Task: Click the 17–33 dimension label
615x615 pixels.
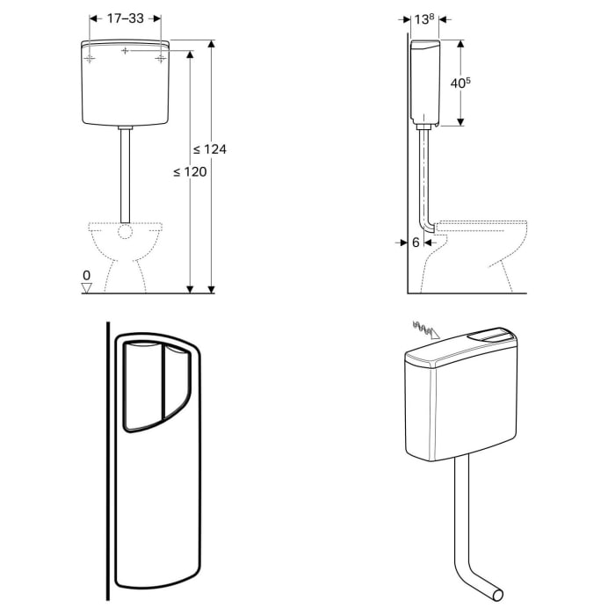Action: pos(126,17)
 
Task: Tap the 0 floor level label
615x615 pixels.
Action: pos(86,275)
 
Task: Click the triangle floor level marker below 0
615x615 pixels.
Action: pos(86,286)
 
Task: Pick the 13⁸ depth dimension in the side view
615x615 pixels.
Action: pos(424,18)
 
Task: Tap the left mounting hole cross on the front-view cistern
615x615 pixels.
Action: pos(90,58)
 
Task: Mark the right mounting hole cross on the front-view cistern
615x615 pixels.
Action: pos(161,58)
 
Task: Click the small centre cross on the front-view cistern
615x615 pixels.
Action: pos(126,52)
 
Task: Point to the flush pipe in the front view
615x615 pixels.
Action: pos(126,176)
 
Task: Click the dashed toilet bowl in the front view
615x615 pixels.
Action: pos(126,255)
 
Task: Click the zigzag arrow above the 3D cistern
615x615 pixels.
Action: pos(424,330)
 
